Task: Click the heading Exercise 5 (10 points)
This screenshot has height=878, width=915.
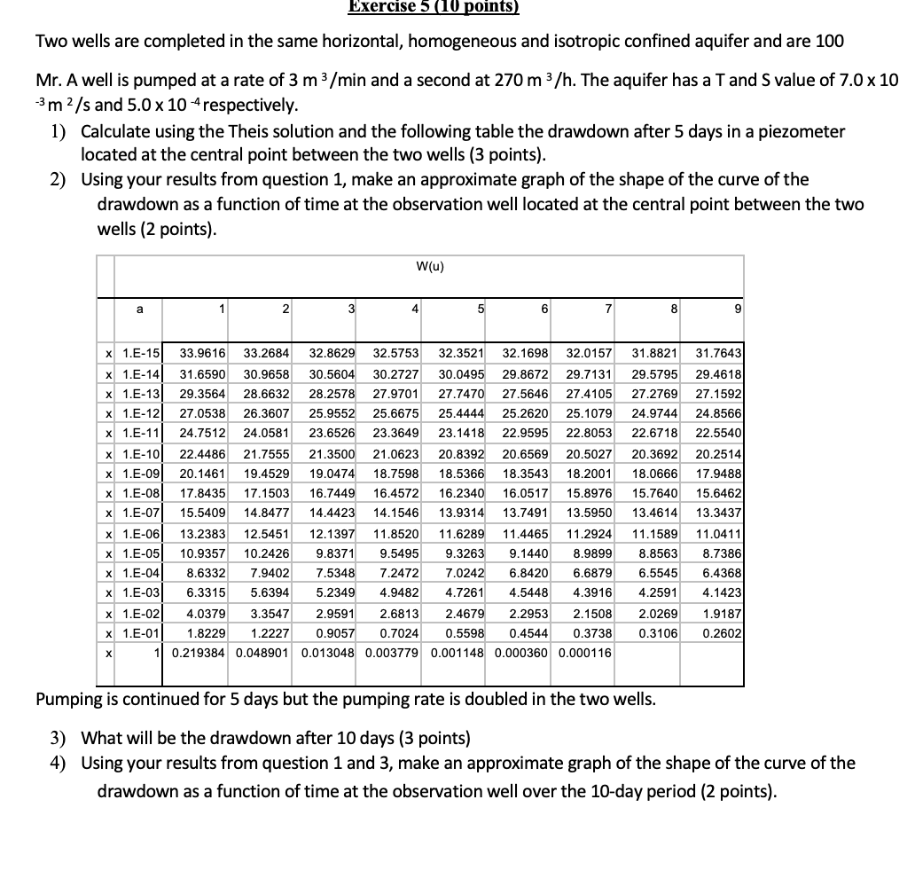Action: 433,7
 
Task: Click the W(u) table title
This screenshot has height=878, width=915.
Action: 431,265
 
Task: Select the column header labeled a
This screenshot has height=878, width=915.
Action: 138,309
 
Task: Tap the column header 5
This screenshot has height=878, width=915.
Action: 481,309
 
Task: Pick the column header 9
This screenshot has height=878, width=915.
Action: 739,309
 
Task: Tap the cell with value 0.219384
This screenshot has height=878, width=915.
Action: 199,653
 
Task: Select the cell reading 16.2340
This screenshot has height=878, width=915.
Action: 461,493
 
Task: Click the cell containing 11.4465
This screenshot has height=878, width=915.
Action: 525,533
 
